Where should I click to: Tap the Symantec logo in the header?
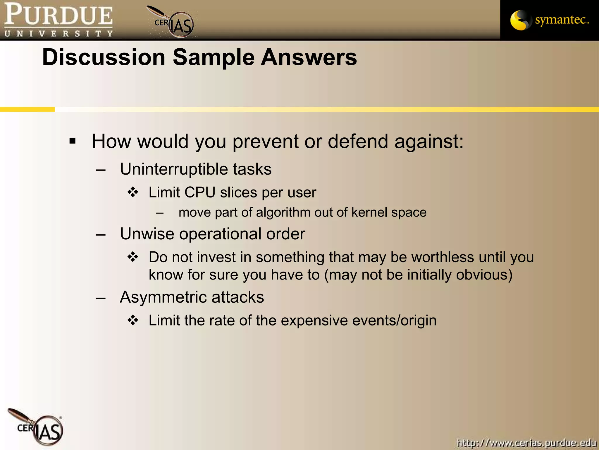pos(549,20)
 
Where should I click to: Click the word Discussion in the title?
pos(104,57)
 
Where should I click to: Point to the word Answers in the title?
pos(309,57)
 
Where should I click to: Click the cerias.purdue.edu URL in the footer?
pos(526,442)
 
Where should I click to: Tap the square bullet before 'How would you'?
pos(73,141)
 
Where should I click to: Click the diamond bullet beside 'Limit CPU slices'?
pos(133,192)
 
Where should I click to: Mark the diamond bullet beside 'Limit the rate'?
pos(133,320)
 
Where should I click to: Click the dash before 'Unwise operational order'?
pos(101,235)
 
